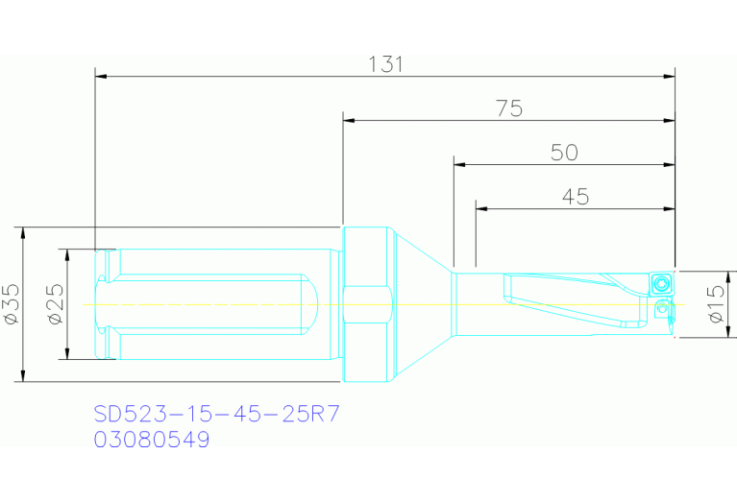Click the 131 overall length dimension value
pos(385,64)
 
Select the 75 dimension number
pos(509,108)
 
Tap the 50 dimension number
pos(564,153)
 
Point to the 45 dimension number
pos(575,197)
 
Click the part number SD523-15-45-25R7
pos(216,415)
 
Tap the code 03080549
pos(151,440)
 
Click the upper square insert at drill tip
pos(659,283)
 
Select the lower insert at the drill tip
pos(662,310)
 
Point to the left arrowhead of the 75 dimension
pos(350,121)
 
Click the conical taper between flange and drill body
pos(423,303)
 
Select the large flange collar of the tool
pos(368,303)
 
